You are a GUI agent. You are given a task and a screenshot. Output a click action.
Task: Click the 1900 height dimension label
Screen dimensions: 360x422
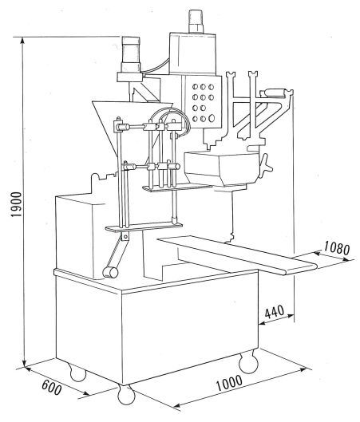[x=17, y=204]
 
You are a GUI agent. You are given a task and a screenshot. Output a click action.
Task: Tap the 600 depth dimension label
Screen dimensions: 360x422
[x=52, y=388]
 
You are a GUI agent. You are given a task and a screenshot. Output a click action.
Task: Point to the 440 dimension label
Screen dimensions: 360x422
[x=275, y=312]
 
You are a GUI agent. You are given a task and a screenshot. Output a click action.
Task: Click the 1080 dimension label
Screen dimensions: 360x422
[x=337, y=247]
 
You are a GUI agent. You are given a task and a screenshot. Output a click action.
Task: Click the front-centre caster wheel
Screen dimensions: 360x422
[x=126, y=395]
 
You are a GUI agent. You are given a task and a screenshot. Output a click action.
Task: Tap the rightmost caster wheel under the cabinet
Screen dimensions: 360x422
[x=248, y=362]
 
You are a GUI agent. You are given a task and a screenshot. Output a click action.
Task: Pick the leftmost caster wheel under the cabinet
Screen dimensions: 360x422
[x=77, y=373]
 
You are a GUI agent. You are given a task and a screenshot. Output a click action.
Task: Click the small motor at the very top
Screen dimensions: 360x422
[x=197, y=21]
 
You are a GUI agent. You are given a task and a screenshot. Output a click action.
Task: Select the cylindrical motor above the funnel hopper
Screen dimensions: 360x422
[x=131, y=54]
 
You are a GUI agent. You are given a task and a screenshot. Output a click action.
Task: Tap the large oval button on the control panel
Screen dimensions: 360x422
[x=212, y=118]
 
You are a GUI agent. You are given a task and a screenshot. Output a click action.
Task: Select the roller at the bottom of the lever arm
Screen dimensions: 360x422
[x=110, y=272]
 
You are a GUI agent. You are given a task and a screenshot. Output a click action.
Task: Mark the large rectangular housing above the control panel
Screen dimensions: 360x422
[x=193, y=53]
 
